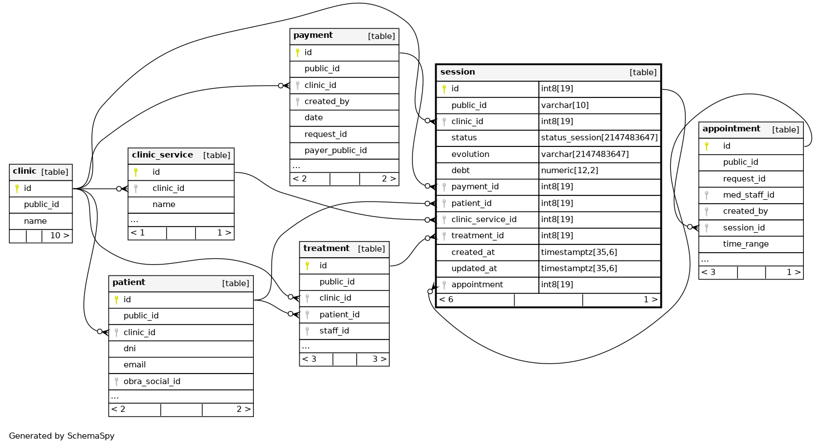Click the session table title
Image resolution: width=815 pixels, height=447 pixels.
458,72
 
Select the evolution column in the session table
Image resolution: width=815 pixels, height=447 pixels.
470,154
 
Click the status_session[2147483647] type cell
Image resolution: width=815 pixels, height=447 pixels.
599,138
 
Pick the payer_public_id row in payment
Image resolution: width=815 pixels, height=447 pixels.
336,150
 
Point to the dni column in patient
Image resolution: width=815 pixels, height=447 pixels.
130,348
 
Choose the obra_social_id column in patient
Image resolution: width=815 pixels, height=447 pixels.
152,381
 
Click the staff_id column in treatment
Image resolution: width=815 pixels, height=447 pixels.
334,331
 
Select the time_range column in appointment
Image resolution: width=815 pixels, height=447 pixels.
745,244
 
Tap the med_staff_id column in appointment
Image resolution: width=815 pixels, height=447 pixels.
748,195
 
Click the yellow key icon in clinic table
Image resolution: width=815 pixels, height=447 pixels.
17,188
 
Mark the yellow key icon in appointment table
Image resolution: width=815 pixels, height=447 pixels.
706,146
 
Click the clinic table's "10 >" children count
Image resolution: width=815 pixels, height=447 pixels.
60,235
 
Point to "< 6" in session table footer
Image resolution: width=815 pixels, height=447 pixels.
446,299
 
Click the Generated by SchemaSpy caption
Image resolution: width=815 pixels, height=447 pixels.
61,436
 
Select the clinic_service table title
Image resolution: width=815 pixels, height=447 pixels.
162,155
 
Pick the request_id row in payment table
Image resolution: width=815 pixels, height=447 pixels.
325,134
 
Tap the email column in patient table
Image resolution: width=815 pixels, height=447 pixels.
135,365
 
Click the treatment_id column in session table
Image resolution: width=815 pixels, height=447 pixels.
477,235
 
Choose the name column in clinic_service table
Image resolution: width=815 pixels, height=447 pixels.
164,204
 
